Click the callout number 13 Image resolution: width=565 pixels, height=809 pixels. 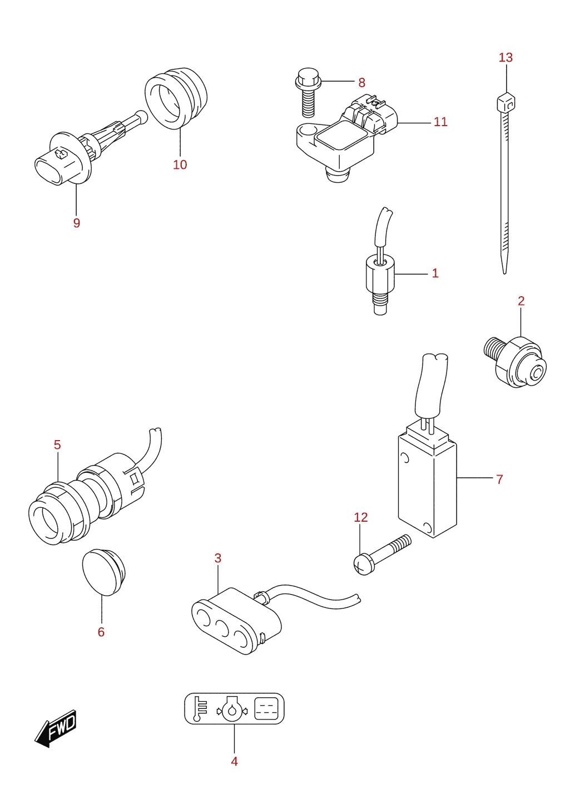tap(505, 57)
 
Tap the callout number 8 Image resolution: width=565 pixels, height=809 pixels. tap(361, 83)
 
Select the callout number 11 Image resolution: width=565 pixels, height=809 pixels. tap(440, 122)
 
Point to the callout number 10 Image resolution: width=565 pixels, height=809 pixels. tap(180, 164)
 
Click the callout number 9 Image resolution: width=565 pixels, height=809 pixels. tap(76, 223)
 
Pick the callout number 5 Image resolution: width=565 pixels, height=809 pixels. tap(57, 445)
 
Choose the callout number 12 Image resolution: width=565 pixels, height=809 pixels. tap(360, 517)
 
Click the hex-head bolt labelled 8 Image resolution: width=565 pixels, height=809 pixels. tap(308, 92)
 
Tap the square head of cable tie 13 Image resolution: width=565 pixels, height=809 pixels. tap(505, 103)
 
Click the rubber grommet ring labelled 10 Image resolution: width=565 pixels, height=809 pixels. tap(176, 98)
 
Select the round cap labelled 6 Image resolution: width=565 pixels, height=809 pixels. tap(103, 572)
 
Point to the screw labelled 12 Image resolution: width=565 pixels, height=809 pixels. tap(381, 555)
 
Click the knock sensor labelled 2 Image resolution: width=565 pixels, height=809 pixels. tap(515, 362)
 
